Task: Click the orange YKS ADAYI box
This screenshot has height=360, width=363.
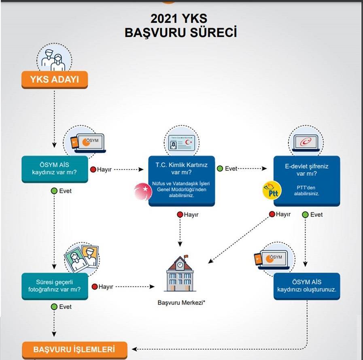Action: coord(54,80)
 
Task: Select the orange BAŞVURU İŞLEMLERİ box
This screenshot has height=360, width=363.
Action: coord(74,349)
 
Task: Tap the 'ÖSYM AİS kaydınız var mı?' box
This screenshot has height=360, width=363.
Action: coord(54,169)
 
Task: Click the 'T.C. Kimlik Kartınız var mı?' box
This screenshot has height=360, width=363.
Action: coord(181,180)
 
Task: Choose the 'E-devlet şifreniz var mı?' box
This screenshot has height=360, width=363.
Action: coord(306,180)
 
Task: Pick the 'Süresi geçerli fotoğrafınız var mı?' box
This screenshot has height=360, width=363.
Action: coord(54,286)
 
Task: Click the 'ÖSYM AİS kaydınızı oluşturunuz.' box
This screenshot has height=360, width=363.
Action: coord(306,286)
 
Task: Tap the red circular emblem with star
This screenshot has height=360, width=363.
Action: coord(143,192)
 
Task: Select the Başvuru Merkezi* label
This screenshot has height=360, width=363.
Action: coord(180,302)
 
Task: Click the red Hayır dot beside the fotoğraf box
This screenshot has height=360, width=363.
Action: coord(94,286)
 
